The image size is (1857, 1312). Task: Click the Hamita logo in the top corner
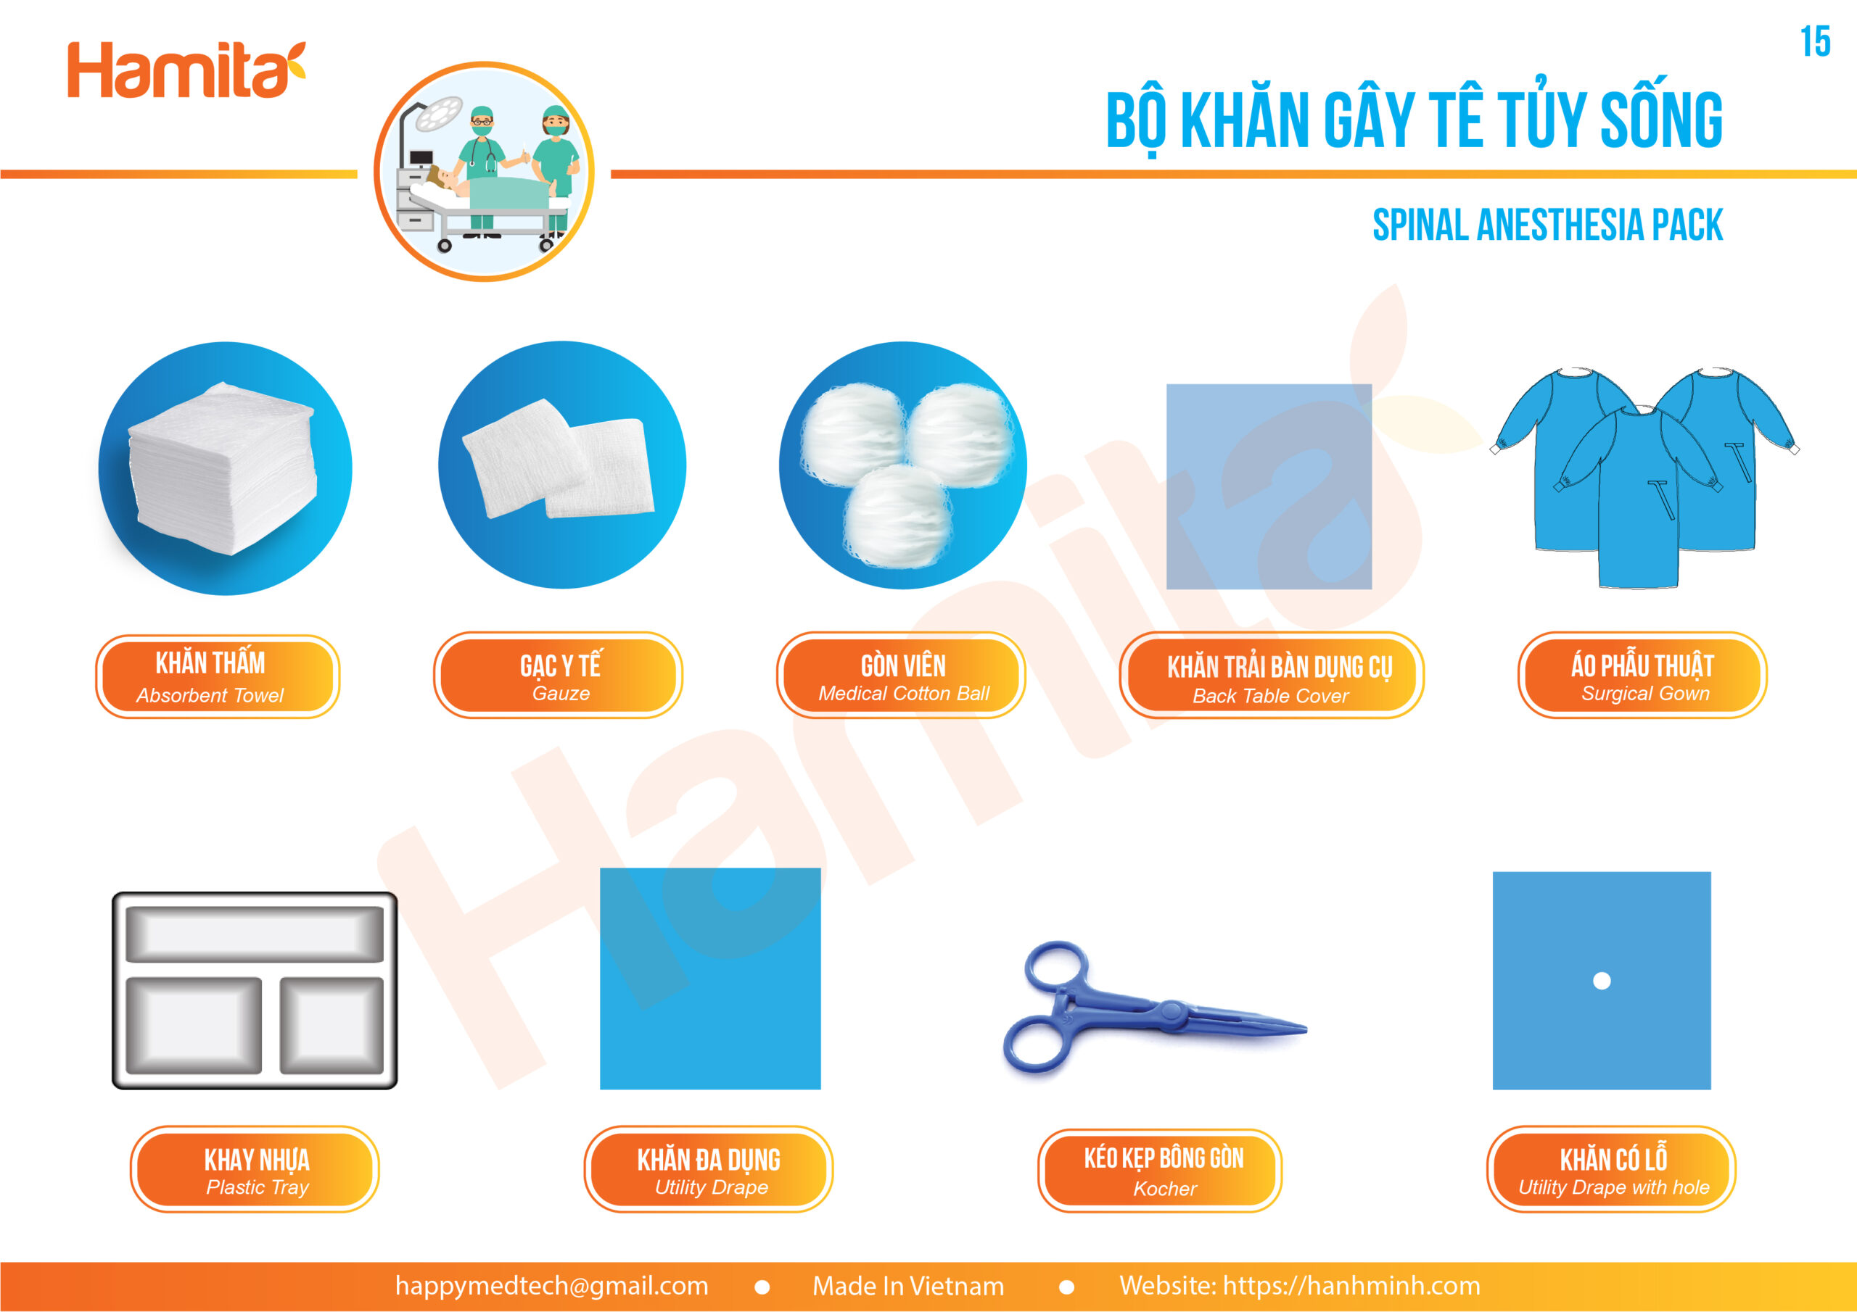[x=186, y=70]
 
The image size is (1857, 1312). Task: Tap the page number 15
[x=1815, y=42]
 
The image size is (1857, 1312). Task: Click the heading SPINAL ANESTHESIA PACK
[x=1547, y=225]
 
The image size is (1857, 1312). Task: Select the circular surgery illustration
[x=485, y=171]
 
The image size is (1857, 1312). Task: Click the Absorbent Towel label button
[x=218, y=676]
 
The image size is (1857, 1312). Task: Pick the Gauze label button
[x=558, y=675]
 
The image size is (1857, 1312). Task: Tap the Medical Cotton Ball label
[x=901, y=675]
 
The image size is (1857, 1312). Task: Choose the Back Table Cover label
[x=1272, y=676]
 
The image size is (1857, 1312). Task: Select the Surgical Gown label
[x=1643, y=675]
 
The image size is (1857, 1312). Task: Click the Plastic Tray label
[x=255, y=1169]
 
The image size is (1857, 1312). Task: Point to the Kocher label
[x=1160, y=1170]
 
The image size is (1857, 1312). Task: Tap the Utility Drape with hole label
[x=1611, y=1169]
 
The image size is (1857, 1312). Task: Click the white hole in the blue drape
[x=1602, y=981]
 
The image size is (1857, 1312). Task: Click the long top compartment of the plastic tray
[x=255, y=934]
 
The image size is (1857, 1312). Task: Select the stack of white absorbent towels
[x=223, y=469]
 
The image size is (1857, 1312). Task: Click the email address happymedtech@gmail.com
[x=551, y=1285]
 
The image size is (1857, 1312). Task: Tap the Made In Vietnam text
[x=908, y=1285]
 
